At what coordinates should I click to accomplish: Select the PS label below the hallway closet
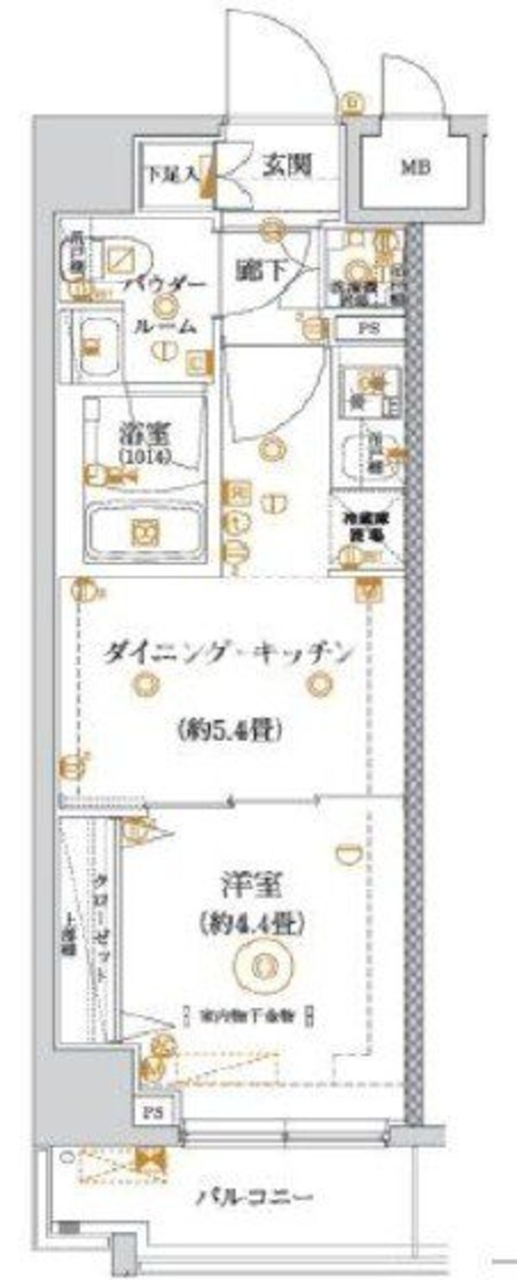[x=368, y=328]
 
